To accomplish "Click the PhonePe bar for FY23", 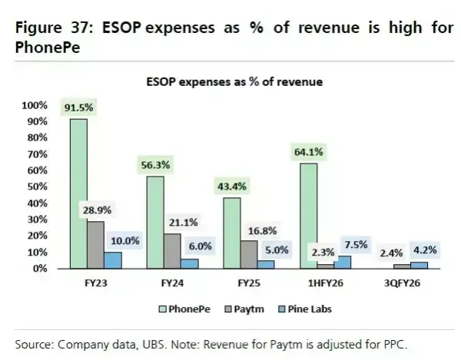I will pos(78,193).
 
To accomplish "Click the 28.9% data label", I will pos(95,210).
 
